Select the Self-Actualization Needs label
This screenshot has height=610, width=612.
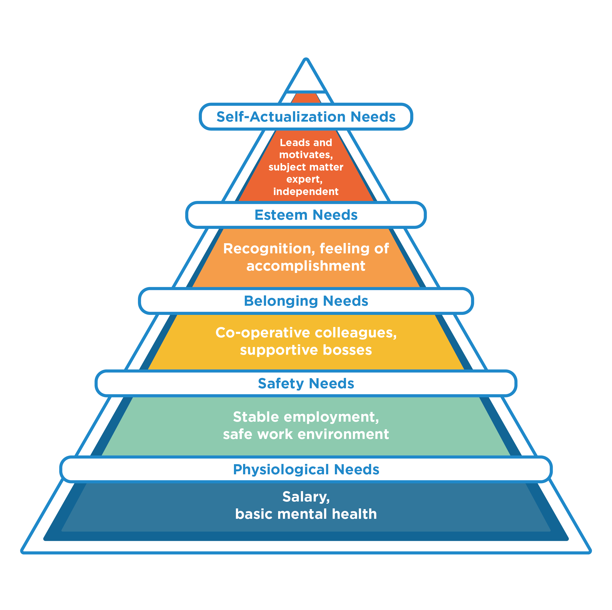[x=306, y=117]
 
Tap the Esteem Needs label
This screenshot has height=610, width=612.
[x=306, y=215]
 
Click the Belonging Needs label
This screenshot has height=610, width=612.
[x=306, y=301]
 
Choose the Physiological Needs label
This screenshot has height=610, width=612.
[x=306, y=469]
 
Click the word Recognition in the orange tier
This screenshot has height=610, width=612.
[x=269, y=249]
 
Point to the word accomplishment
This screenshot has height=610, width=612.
[x=306, y=266]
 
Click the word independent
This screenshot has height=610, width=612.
[x=306, y=192]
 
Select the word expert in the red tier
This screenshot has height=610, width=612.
[x=304, y=179]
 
